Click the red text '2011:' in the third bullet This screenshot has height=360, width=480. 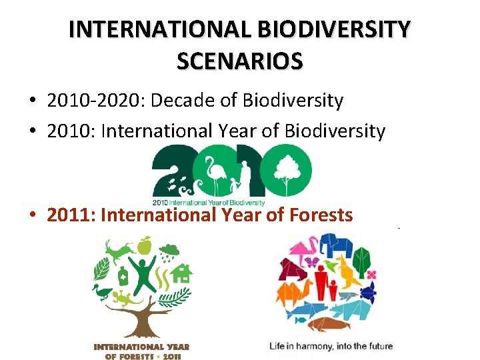71,215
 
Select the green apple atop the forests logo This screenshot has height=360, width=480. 143,246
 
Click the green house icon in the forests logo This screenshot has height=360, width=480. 181,273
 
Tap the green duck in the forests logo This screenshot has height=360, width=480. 103,292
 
